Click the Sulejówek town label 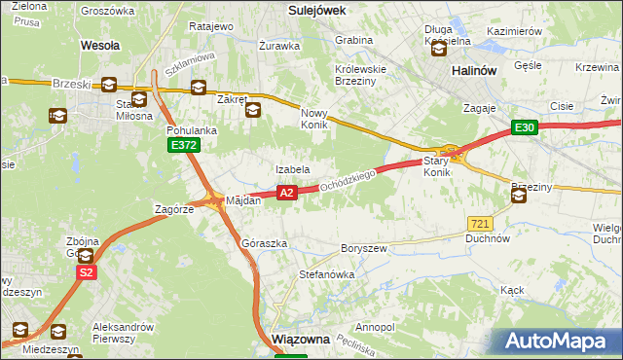[318, 9]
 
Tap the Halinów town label [475, 72]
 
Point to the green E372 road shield [182, 145]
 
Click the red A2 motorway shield [286, 194]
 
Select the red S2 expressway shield [87, 273]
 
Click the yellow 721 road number [478, 223]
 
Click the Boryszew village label [363, 248]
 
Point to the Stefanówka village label [326, 274]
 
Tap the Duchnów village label [488, 237]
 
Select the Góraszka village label [264, 243]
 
